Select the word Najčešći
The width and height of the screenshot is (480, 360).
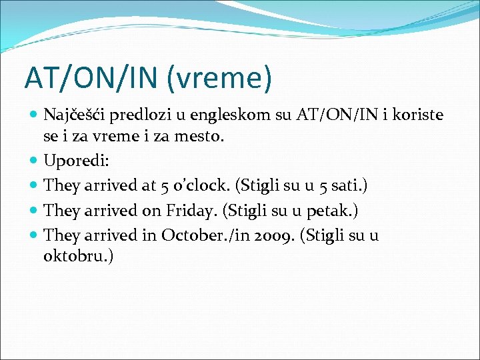pos(75,115)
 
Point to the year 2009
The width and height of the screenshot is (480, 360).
pos(278,235)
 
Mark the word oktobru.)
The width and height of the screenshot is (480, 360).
pos(78,257)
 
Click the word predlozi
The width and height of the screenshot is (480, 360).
pos(140,115)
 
